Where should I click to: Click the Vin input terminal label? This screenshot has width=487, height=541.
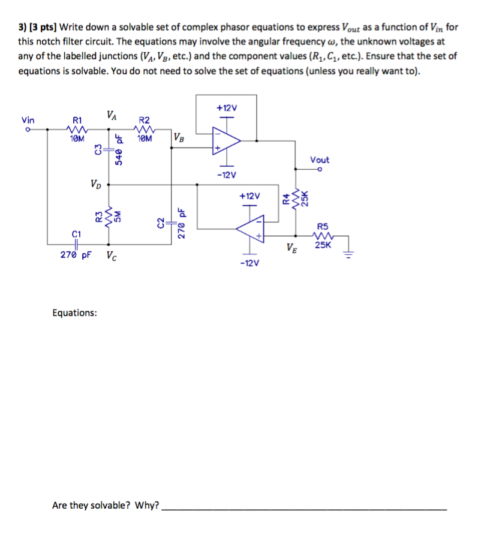click(28, 120)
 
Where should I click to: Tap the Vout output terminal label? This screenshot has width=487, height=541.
click(320, 160)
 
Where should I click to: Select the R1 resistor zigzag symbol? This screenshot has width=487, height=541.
click(77, 130)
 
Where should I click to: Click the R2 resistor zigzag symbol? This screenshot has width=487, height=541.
click(144, 130)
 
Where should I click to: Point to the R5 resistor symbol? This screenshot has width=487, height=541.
click(323, 236)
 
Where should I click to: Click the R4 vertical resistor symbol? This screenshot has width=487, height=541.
click(295, 199)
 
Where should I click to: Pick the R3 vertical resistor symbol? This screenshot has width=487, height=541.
click(109, 217)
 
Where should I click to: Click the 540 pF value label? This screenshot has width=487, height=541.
click(119, 150)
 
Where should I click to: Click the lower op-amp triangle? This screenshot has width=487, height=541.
click(251, 229)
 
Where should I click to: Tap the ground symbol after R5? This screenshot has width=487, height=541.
click(348, 255)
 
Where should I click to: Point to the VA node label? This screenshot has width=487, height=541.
click(112, 115)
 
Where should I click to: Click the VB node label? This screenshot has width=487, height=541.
click(179, 137)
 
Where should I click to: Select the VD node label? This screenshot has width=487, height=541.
click(96, 184)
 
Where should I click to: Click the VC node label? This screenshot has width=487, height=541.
click(112, 256)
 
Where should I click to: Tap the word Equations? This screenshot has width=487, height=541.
click(75, 312)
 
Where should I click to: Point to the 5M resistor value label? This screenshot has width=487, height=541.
click(118, 216)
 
